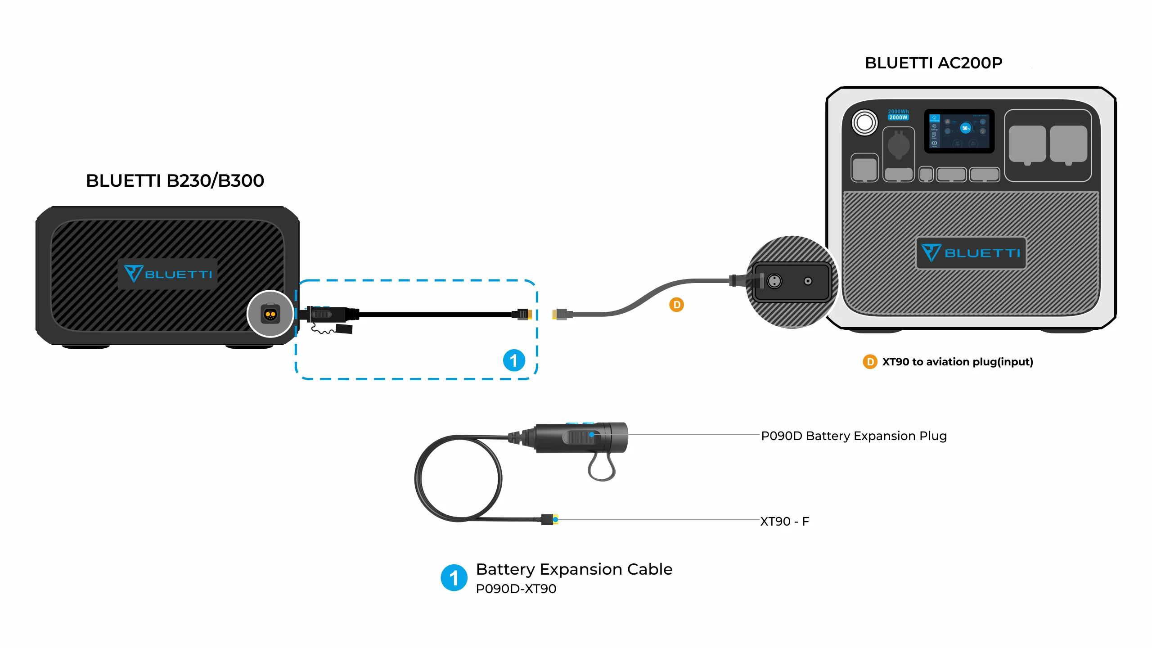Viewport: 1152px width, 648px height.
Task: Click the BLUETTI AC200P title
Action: [x=933, y=63]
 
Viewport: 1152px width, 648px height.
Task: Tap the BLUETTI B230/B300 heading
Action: [x=175, y=181]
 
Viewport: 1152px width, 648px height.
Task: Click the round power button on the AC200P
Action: [x=864, y=122]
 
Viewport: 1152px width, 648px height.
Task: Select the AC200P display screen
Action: [x=959, y=131]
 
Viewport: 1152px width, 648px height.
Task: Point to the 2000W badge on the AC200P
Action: [x=898, y=117]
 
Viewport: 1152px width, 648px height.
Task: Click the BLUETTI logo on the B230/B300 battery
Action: [x=168, y=274]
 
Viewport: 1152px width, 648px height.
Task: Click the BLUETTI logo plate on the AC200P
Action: [x=971, y=253]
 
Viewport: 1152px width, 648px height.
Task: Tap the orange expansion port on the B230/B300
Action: [x=270, y=314]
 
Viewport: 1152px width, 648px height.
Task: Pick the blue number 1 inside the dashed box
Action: [x=514, y=360]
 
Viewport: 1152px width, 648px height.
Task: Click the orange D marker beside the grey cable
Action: [x=676, y=305]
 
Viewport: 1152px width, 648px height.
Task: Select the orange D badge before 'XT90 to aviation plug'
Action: [x=870, y=362]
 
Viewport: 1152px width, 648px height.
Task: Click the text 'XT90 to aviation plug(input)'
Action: [x=957, y=362]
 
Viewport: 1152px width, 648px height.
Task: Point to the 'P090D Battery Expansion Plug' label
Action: [x=854, y=436]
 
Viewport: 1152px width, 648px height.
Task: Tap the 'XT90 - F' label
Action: [x=784, y=521]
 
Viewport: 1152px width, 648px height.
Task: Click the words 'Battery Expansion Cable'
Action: [x=574, y=569]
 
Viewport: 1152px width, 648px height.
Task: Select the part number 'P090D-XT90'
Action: [x=516, y=589]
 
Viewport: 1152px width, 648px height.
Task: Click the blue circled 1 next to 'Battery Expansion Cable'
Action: [x=454, y=578]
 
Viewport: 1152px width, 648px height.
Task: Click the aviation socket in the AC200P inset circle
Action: [x=774, y=281]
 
